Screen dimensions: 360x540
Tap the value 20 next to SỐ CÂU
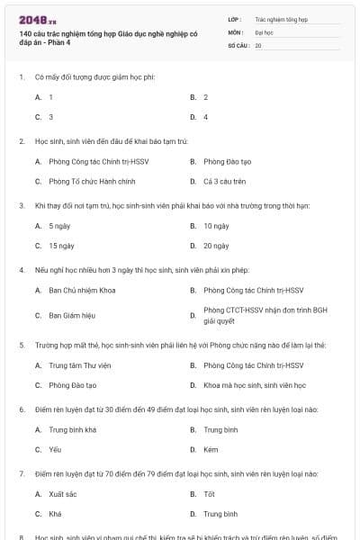point(258,45)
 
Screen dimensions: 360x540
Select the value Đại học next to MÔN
point(264,31)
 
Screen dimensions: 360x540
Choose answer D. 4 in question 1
point(206,117)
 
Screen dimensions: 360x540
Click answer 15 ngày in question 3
point(61,245)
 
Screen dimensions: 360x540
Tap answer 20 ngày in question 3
point(216,245)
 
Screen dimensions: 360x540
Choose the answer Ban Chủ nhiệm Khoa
point(82,290)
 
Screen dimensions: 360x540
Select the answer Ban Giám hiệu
point(72,316)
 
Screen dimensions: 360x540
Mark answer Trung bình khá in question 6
point(72,429)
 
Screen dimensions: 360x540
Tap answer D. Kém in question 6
point(211,448)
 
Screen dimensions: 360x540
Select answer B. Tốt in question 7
point(209,493)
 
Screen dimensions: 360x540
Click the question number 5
point(22,345)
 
